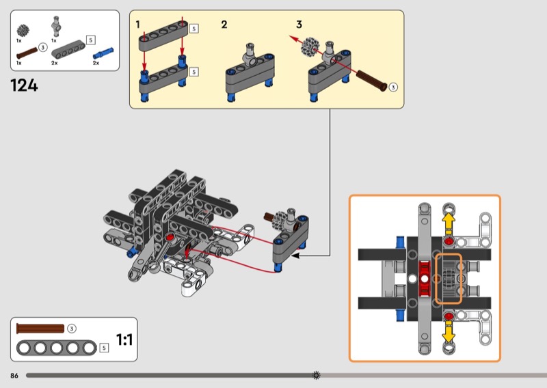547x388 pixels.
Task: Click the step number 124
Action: click(24, 86)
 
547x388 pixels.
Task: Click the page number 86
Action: click(14, 376)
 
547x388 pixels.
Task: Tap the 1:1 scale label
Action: click(124, 339)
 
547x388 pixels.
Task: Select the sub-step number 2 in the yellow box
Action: click(224, 25)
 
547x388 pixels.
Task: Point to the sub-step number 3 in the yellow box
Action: click(299, 25)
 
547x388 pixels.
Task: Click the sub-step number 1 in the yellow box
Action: click(137, 25)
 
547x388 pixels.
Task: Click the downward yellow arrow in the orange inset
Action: click(449, 333)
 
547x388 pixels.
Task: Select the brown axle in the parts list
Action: click(27, 51)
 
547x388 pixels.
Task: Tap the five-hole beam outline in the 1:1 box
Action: click(57, 348)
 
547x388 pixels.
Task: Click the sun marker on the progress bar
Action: click(316, 375)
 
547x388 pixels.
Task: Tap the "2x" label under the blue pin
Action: click(96, 63)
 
